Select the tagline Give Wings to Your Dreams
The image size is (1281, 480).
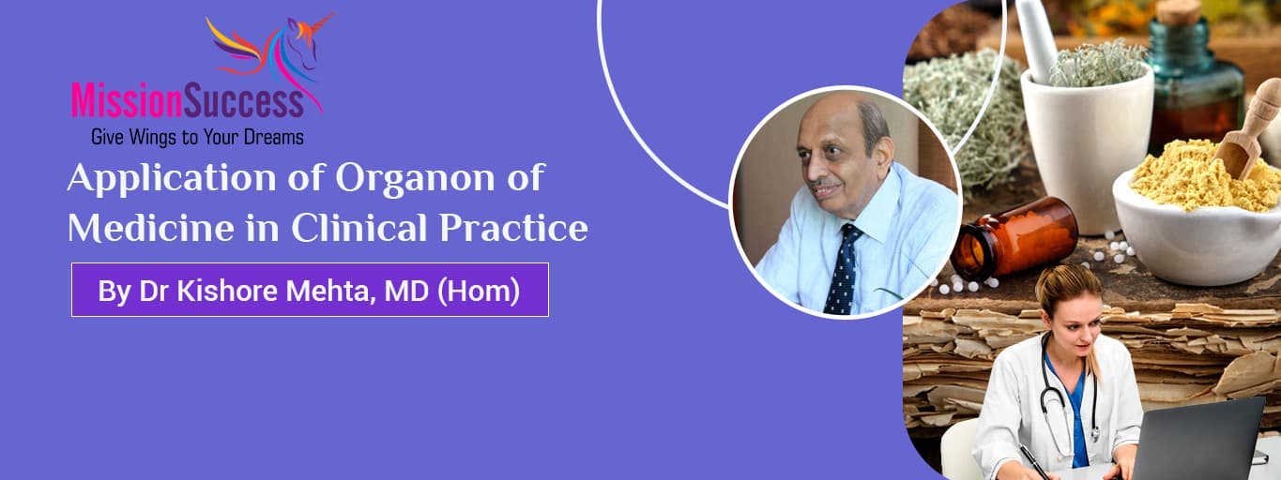pyautogui.click(x=197, y=137)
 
